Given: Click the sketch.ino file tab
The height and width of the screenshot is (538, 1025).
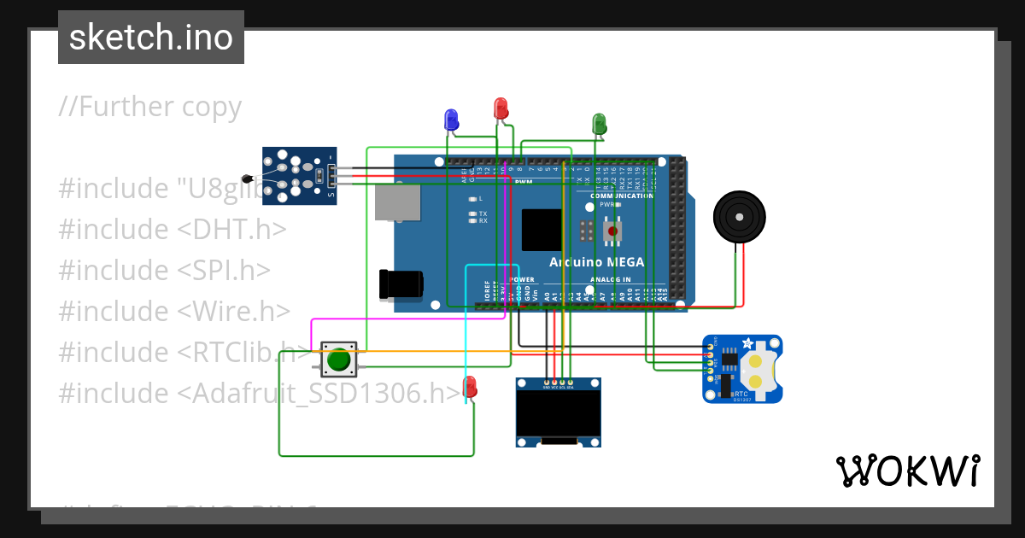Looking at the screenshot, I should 151,38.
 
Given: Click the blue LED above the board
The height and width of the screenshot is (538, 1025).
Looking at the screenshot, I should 451,120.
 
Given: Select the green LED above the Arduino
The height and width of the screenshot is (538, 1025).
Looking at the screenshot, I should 600,124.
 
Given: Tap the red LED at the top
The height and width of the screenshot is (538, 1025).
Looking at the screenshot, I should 501,108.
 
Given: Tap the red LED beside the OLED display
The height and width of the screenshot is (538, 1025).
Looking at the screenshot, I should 470,387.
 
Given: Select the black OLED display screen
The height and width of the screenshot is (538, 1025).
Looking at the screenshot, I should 559,413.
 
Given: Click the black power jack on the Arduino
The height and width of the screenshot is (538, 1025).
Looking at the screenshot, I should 401,284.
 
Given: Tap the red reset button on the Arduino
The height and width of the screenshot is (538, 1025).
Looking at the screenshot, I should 612,231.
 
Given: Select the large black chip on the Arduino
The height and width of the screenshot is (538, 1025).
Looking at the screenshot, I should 542,229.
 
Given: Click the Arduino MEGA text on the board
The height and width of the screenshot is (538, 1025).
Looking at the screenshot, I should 596,262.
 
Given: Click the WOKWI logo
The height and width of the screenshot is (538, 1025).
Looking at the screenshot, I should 907,471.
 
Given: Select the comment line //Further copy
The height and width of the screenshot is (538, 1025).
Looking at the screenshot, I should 150,107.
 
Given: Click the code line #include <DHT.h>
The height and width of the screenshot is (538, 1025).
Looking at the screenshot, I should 173,229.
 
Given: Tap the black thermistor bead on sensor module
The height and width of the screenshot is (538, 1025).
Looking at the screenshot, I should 248,178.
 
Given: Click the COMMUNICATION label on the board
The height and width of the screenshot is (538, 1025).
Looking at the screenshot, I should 621,196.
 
